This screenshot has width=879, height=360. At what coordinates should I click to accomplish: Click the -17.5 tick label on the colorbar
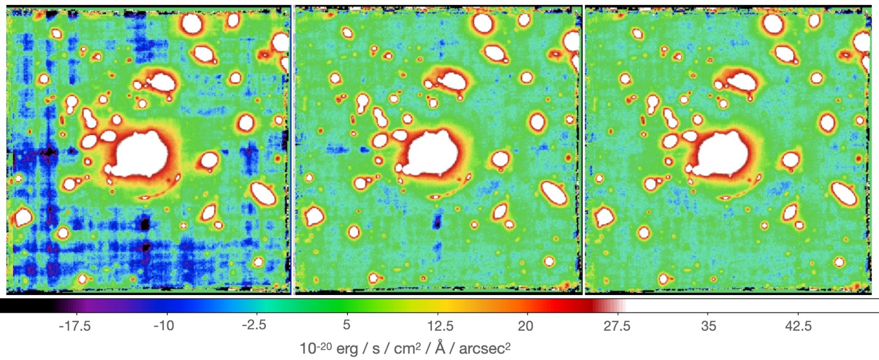click(x=75, y=326)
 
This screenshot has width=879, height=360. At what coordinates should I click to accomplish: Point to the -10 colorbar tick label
click(x=163, y=326)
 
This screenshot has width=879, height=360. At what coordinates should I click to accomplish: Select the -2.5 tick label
click(x=254, y=326)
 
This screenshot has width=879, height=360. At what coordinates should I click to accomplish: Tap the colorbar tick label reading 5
click(x=346, y=326)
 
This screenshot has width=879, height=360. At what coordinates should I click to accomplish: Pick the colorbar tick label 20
click(x=526, y=326)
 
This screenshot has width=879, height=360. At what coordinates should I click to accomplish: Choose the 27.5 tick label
click(x=617, y=326)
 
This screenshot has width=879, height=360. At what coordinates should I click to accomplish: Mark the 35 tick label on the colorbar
click(x=709, y=326)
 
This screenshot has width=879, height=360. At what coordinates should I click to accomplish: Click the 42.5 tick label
click(x=798, y=326)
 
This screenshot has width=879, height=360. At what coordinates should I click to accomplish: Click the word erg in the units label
click(x=347, y=349)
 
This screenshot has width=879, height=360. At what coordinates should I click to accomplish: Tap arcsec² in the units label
click(x=485, y=348)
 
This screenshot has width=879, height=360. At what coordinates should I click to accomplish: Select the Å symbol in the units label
click(x=440, y=346)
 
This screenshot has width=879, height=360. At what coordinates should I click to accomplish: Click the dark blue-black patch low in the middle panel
click(x=437, y=222)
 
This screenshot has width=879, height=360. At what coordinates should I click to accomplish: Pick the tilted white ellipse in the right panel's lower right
click(x=844, y=194)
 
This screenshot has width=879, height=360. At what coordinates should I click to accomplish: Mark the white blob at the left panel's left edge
click(x=23, y=217)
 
